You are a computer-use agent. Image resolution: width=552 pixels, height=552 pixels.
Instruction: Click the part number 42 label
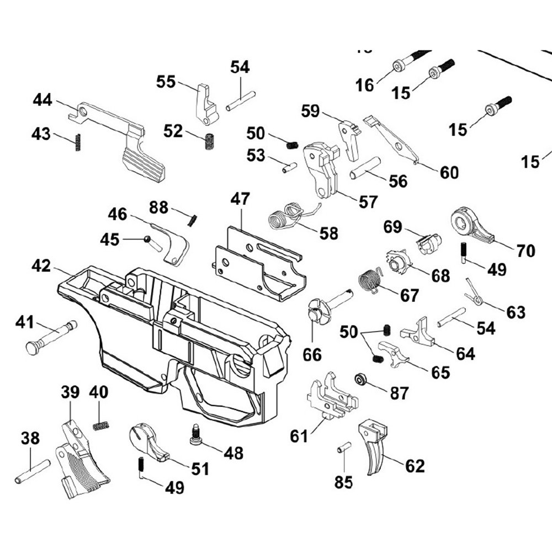pos(41,266)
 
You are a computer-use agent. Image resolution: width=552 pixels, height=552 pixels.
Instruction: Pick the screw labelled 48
pos(195,434)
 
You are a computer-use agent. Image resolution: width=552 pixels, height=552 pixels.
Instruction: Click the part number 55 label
pos(166,82)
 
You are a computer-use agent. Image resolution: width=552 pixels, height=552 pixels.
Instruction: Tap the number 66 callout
pos(312,354)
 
